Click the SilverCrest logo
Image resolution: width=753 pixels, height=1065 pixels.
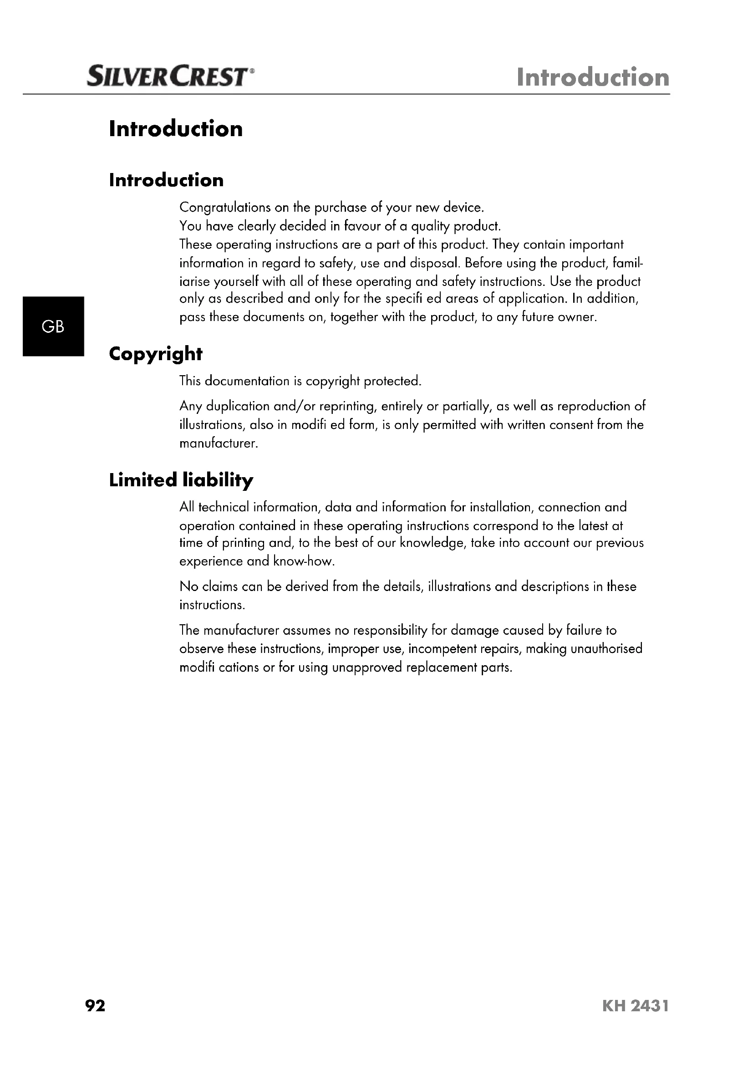(169, 77)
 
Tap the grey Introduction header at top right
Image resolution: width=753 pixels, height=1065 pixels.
(593, 77)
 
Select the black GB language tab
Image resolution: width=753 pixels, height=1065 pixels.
(53, 326)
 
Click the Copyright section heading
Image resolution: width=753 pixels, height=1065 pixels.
(155, 354)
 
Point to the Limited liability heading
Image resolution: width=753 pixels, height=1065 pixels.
(181, 480)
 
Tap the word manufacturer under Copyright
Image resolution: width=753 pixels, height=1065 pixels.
(218, 443)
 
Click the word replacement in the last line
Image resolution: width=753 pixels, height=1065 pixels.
(438, 668)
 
